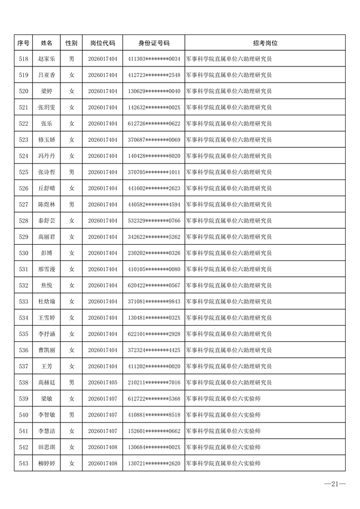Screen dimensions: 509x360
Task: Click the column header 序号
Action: point(23,43)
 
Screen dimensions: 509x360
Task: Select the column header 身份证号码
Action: point(154,43)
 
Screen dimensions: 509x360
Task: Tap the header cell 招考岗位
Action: point(265,43)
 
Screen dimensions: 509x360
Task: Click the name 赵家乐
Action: point(47,59)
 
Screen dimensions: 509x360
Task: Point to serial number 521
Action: point(23,107)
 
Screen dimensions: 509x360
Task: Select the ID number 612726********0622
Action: point(154,124)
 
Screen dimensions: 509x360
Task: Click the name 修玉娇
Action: point(47,140)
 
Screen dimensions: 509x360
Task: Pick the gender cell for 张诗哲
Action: point(71,172)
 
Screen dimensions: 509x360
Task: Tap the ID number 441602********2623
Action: point(154,188)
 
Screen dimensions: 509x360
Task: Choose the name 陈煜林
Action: point(47,204)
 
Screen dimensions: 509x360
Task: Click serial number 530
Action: point(23,253)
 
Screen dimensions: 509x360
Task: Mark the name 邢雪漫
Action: point(47,269)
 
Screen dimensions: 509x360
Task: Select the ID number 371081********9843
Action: point(154,302)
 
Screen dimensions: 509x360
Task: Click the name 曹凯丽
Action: point(47,350)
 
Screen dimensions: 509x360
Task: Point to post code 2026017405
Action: point(102,383)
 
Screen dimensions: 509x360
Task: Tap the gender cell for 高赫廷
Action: point(71,383)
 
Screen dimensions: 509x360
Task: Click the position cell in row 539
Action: point(223,399)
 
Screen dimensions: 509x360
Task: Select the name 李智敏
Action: point(47,415)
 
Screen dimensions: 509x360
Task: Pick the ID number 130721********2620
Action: point(154,464)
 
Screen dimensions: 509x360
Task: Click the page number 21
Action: point(335,485)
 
